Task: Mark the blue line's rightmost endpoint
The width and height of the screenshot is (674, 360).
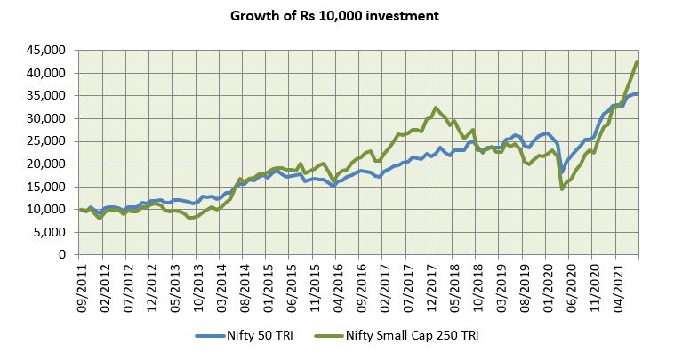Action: tap(637, 93)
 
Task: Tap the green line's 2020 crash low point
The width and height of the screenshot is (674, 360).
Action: tap(562, 188)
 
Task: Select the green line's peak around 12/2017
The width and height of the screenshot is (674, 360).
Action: tap(435, 108)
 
